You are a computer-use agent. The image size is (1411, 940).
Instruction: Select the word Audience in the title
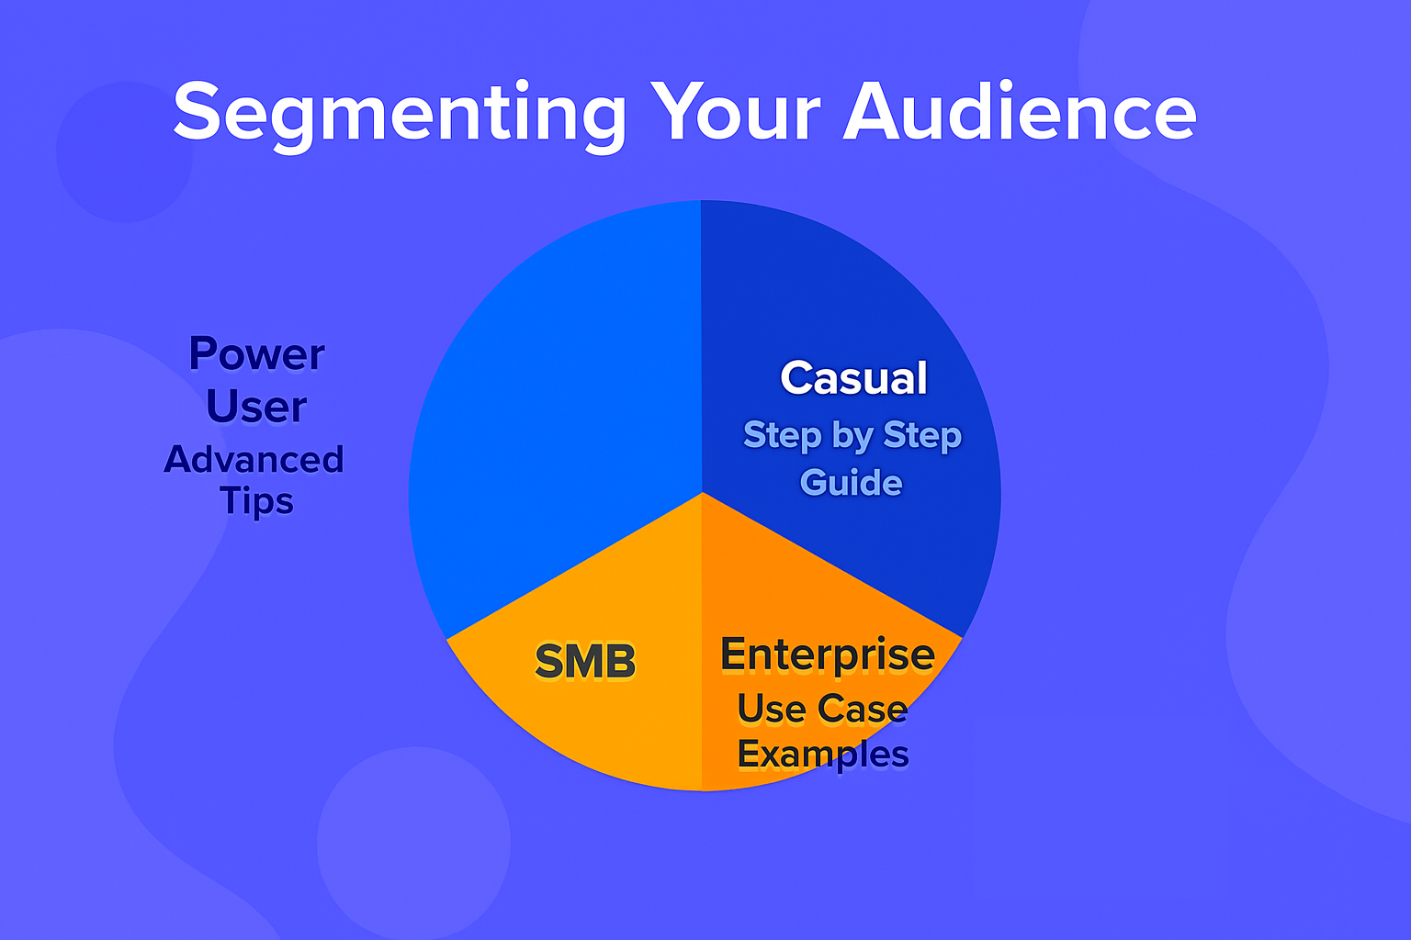click(1020, 110)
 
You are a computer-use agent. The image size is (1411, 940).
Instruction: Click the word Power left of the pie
click(256, 353)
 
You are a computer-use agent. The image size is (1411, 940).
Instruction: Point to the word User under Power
click(256, 406)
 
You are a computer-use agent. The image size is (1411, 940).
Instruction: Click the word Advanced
click(254, 459)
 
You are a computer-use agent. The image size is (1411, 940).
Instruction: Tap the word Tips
click(256, 501)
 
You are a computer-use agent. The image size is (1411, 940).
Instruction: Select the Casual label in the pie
click(853, 378)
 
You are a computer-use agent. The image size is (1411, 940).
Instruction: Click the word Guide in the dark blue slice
click(851, 482)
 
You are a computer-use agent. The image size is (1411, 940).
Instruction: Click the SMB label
click(585, 661)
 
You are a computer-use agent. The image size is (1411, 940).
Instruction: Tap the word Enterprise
click(828, 655)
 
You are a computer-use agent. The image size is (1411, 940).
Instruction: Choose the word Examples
click(823, 755)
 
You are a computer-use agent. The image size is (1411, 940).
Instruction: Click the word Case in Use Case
click(863, 709)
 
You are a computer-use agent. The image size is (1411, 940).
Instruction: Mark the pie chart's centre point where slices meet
click(703, 492)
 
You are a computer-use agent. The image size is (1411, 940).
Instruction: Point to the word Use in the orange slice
click(772, 709)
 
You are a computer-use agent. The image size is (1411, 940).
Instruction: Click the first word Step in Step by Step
click(783, 436)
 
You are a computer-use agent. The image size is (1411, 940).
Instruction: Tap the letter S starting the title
click(197, 110)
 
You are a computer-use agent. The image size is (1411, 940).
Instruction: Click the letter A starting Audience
click(873, 110)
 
